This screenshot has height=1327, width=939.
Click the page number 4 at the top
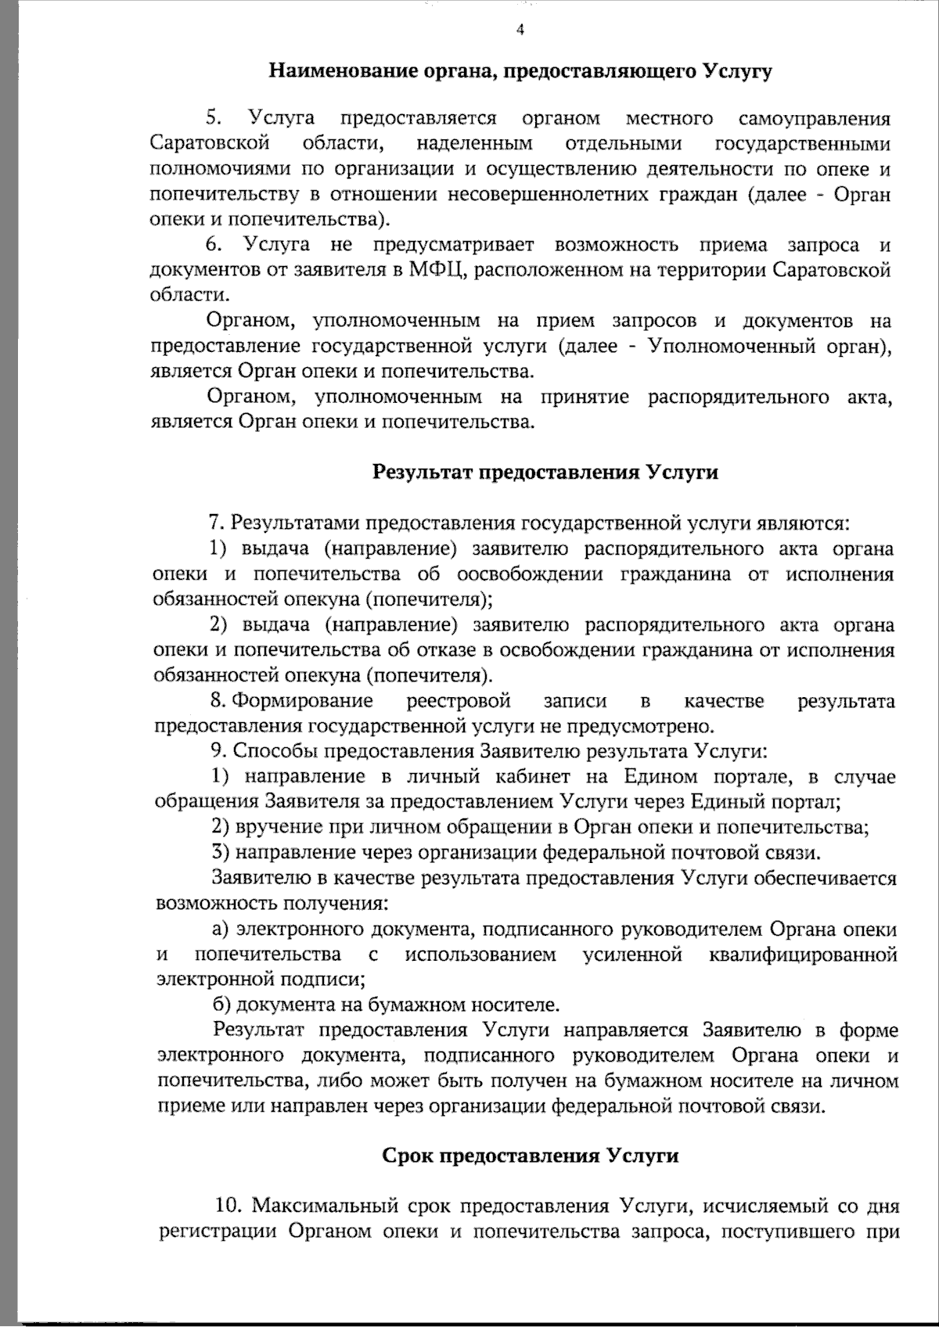pyautogui.click(x=520, y=31)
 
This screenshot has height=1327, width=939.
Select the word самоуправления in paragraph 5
pyautogui.click(x=814, y=118)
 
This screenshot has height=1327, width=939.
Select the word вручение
pyautogui.click(x=272, y=827)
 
